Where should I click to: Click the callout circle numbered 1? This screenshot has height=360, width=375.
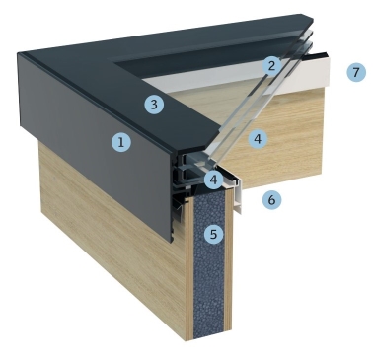(121, 142)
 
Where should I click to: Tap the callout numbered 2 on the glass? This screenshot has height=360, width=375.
(271, 66)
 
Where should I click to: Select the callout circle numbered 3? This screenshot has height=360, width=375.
(154, 105)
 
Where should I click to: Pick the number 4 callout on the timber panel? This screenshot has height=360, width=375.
(258, 139)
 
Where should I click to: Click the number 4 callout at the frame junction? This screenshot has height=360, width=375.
(213, 180)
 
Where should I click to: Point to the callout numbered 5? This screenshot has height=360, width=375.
(213, 234)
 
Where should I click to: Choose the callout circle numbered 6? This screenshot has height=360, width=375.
(271, 199)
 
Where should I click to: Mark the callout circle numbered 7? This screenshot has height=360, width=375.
(356, 72)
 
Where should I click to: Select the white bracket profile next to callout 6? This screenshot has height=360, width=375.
(236, 195)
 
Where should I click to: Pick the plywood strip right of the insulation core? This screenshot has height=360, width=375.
(229, 263)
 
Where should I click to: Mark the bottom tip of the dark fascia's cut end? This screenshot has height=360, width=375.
(172, 243)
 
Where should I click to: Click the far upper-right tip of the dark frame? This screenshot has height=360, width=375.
(313, 21)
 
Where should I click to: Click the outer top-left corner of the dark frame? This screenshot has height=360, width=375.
(18, 52)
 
